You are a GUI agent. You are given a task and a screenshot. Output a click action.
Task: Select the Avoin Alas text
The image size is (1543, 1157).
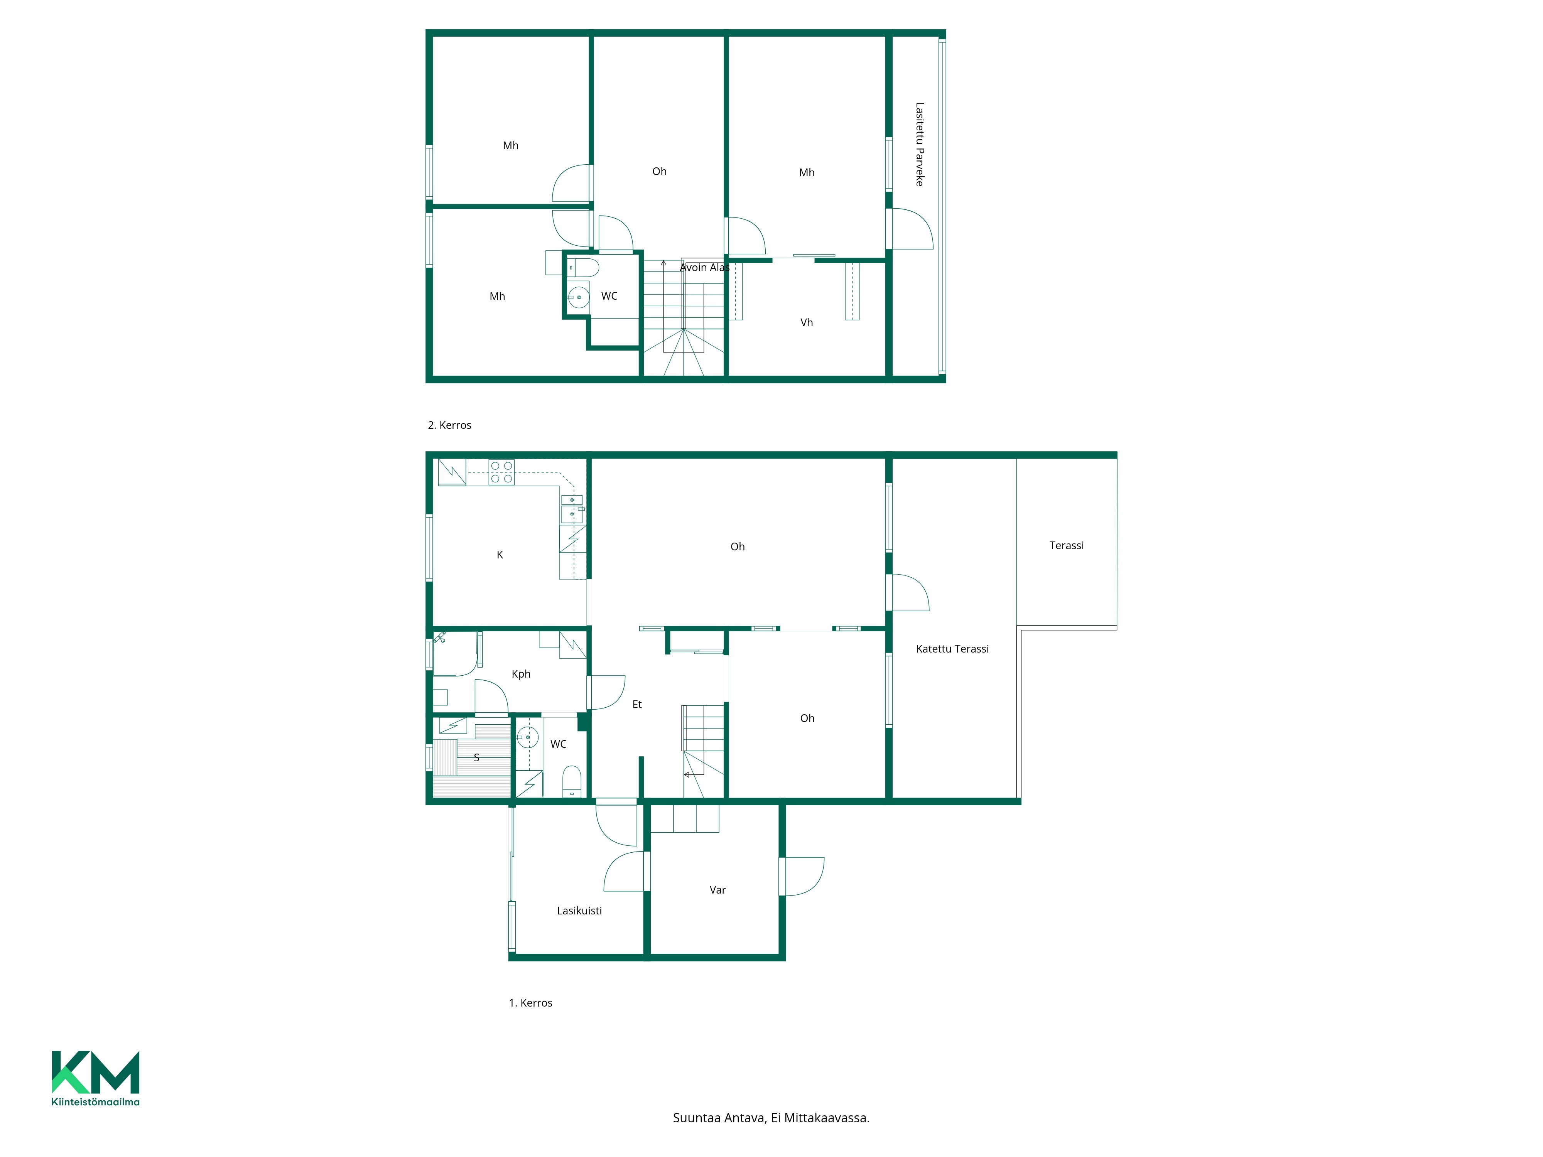coord(704,267)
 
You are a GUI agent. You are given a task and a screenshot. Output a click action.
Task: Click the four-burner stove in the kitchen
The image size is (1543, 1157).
coord(501,472)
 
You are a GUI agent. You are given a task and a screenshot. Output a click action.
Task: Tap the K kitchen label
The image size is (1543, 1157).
coord(500,555)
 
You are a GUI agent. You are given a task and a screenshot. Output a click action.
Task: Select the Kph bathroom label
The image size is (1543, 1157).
coord(521,674)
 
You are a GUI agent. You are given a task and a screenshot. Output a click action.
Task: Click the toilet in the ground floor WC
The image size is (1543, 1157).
coord(572,781)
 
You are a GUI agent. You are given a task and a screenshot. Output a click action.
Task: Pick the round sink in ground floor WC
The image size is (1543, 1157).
coord(527,737)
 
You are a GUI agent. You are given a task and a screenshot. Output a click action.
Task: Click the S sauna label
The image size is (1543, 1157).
coord(476,757)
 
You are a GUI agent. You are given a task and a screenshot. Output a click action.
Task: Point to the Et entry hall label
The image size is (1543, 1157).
coord(637,704)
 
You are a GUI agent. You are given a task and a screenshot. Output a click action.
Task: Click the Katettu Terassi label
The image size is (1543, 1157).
coord(952,649)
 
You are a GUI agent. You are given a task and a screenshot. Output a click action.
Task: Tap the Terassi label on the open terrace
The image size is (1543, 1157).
coord(1067,545)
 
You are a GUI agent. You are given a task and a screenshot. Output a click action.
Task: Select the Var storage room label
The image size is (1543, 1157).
coord(718,890)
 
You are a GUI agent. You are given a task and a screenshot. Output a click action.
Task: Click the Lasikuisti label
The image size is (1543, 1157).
coord(579,910)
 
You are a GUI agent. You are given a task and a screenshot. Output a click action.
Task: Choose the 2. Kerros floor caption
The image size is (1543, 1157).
coord(449,425)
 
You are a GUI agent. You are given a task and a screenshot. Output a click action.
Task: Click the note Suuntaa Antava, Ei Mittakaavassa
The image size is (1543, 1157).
coord(771,1118)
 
